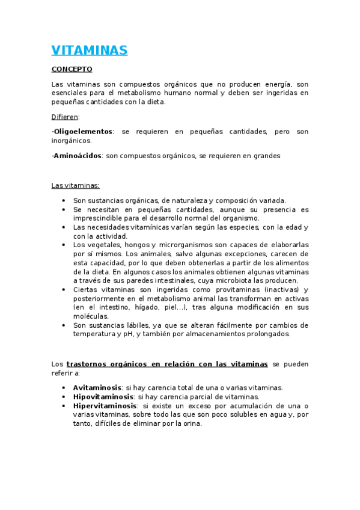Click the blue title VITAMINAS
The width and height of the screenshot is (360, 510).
[x=89, y=51]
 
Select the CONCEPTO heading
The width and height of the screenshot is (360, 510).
[x=72, y=70]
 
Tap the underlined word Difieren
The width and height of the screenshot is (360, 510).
[x=65, y=117]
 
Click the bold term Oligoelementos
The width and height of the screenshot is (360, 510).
[x=83, y=131]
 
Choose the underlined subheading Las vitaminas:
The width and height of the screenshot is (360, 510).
[x=75, y=185]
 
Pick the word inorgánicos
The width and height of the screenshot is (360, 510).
[x=72, y=140]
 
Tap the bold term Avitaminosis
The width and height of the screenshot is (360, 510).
[x=97, y=388]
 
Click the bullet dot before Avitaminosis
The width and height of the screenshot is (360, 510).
[x=64, y=388]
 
